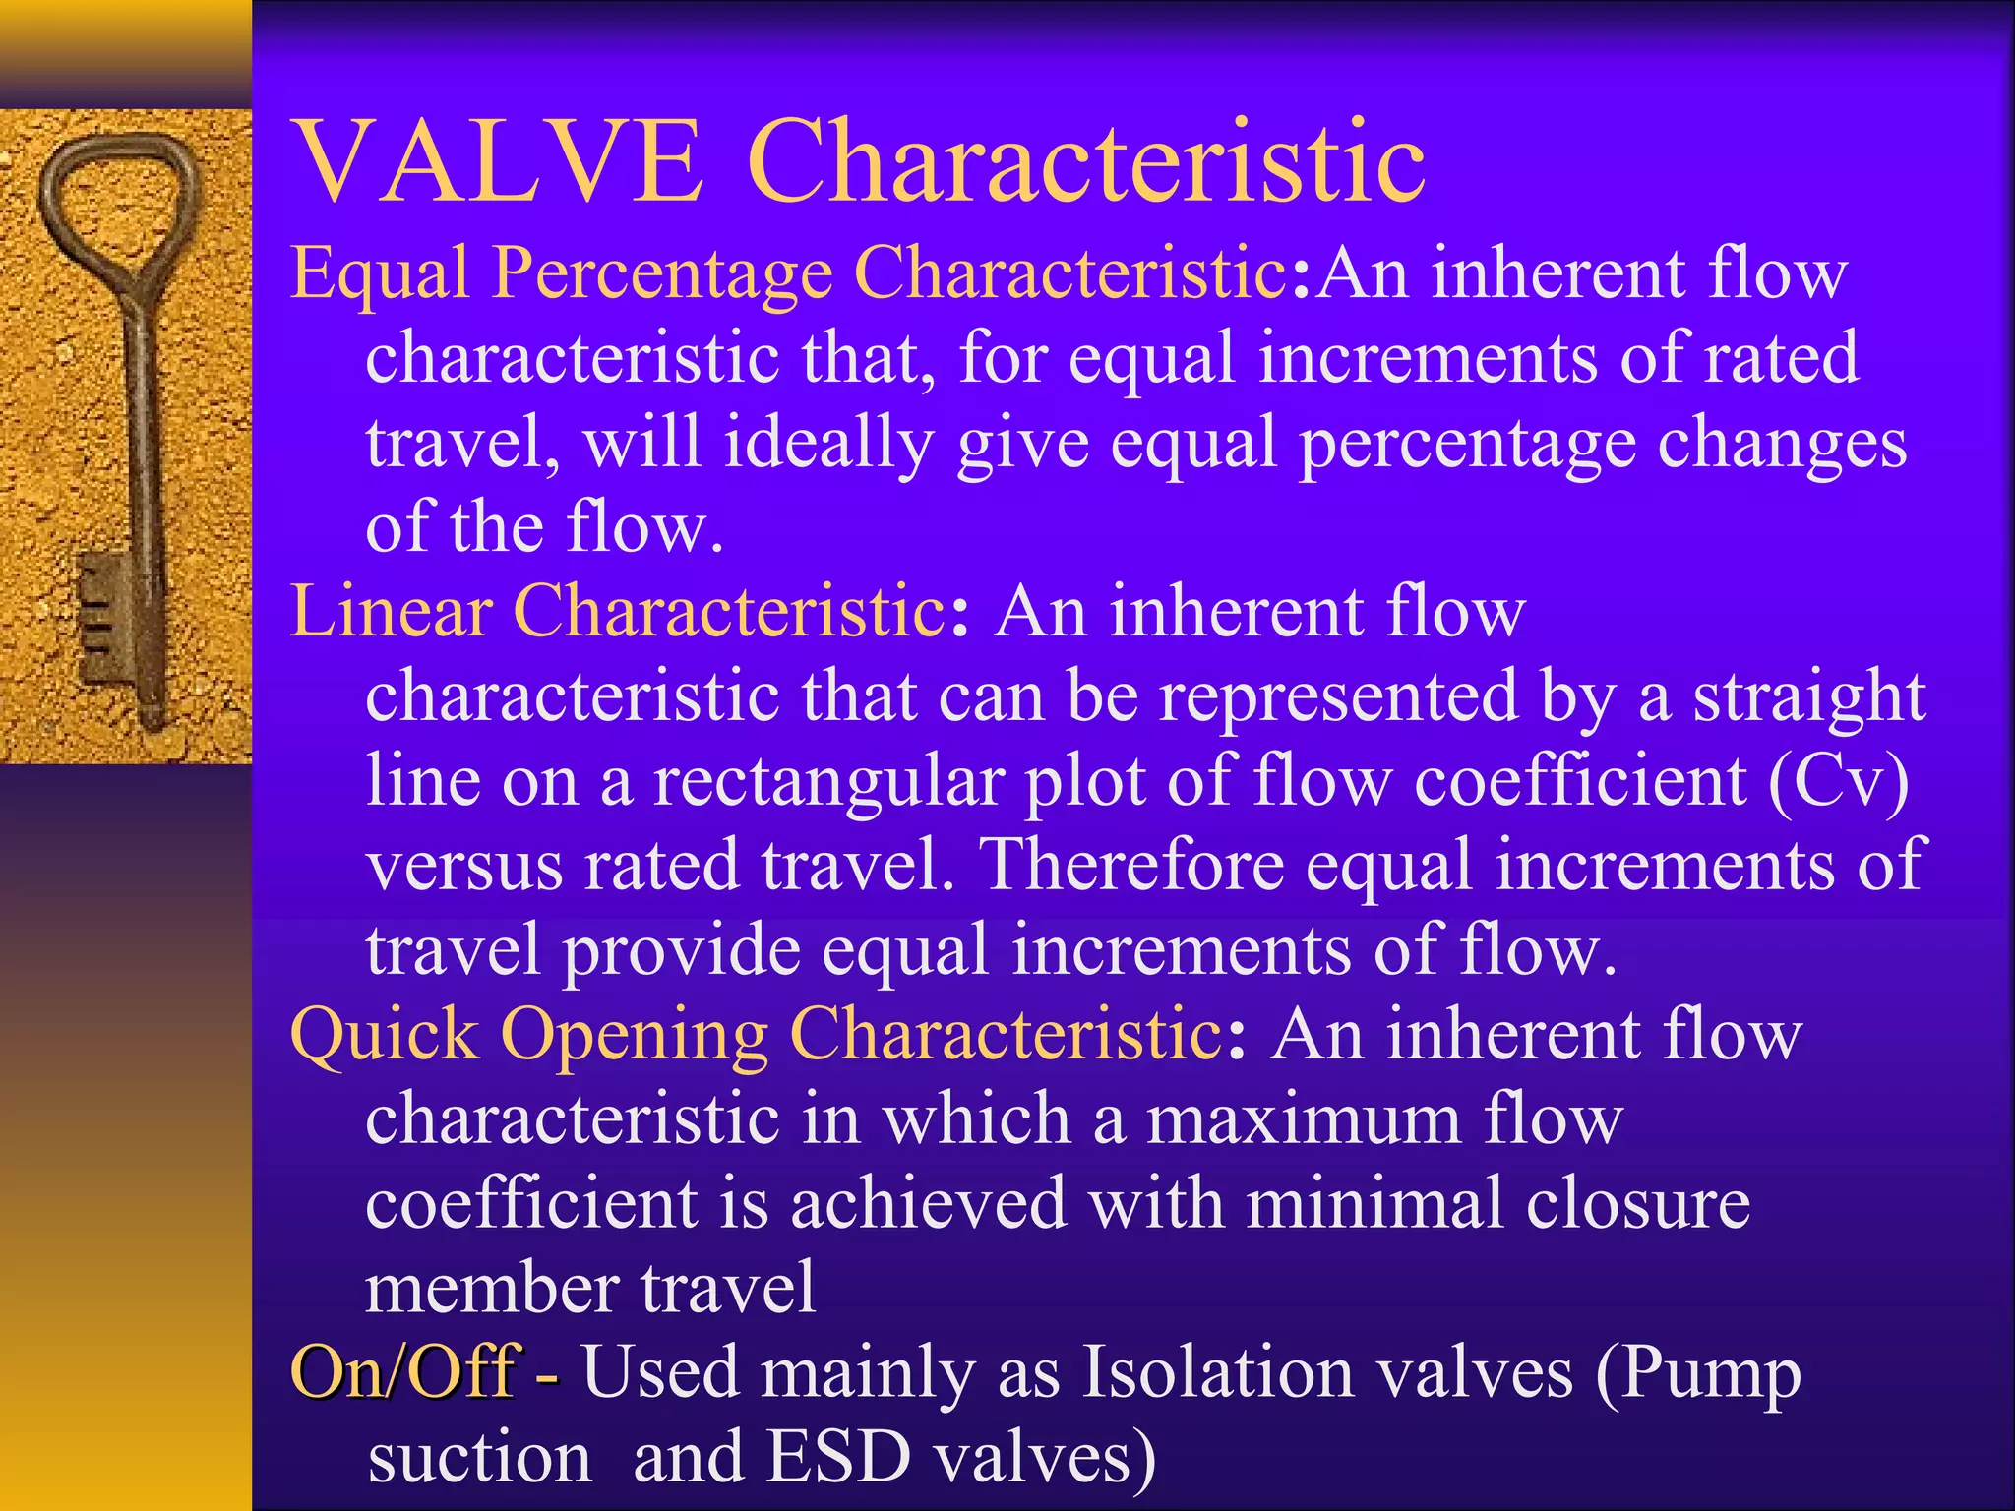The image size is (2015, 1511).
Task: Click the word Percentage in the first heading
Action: [662, 273]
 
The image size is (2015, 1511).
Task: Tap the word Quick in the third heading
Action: [384, 1035]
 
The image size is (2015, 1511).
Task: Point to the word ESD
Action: [838, 1457]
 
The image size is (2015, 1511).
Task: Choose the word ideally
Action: [827, 444]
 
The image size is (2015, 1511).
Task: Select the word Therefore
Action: [1134, 865]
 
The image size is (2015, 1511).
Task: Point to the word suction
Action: [480, 1457]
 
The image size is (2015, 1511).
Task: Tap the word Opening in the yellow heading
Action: [634, 1037]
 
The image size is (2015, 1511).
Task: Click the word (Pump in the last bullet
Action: [1698, 1373]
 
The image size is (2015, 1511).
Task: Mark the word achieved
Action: [928, 1203]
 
